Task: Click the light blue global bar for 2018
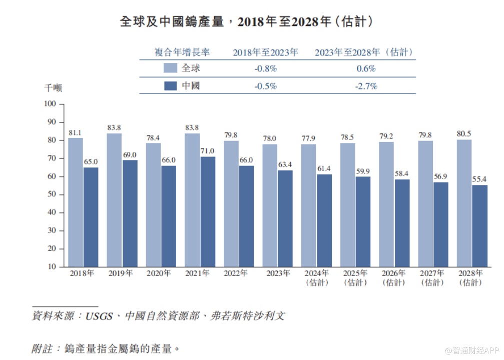point(76,202)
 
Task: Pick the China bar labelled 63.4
point(285,218)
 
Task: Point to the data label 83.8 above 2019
point(114,127)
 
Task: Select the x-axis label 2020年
point(159,273)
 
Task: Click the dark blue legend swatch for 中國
point(170,86)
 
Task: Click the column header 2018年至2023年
point(265,52)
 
